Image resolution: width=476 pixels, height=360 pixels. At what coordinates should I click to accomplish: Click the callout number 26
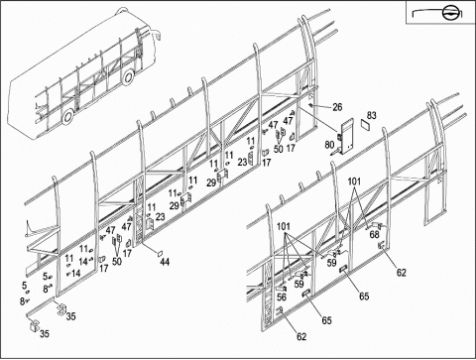tap(337, 107)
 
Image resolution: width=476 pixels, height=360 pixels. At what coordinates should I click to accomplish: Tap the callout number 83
tap(372, 115)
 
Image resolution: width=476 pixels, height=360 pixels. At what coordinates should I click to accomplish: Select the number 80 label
tap(329, 145)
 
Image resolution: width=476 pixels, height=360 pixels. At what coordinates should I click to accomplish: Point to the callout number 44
tap(165, 262)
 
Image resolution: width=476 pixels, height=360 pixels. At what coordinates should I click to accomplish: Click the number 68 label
tap(374, 234)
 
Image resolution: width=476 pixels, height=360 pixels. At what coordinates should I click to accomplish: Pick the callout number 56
tap(282, 297)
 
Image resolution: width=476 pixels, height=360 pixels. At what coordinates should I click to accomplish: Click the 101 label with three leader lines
tap(284, 226)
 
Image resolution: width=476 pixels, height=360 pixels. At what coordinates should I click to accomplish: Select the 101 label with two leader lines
tap(354, 181)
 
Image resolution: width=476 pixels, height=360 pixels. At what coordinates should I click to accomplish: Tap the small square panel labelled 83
tap(365, 125)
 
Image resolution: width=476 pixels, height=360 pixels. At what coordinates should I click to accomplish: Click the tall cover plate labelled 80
tap(347, 137)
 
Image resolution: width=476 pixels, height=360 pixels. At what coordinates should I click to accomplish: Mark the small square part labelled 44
tap(159, 254)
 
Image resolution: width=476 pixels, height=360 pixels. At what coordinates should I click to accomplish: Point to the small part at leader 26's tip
tap(310, 105)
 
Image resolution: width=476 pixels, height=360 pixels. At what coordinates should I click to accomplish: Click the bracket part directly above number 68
tap(377, 226)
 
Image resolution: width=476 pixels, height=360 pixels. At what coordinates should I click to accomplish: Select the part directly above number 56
tap(282, 288)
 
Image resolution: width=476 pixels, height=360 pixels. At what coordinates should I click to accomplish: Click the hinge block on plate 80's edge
tap(339, 136)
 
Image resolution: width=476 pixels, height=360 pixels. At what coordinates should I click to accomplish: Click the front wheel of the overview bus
tap(128, 77)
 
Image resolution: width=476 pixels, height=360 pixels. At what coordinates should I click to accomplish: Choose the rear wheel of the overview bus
tap(68, 116)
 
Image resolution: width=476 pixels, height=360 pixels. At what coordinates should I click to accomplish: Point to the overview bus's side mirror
tap(157, 34)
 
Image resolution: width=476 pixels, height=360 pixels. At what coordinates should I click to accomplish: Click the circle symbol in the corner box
tap(449, 13)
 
